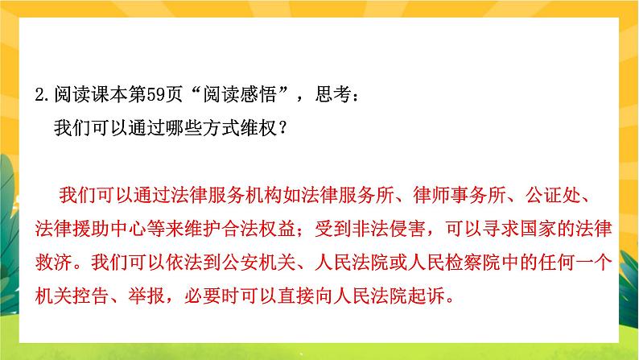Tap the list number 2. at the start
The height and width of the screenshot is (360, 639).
pos(42,94)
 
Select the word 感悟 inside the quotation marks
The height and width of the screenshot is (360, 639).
pos(259,94)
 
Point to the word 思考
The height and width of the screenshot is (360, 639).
pos(333,94)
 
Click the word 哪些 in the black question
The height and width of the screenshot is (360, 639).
pos(184,128)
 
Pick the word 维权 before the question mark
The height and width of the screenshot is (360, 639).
pos(259,128)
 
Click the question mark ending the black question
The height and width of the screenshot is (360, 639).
pos(283,128)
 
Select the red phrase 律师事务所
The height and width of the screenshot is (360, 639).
pos(460,195)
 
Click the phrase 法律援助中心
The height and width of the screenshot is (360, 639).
pos(91,228)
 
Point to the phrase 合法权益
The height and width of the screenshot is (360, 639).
pos(259,228)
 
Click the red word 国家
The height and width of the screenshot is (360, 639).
pos(538,228)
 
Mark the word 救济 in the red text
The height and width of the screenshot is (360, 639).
pos(54,262)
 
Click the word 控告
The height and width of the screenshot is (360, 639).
pos(91,296)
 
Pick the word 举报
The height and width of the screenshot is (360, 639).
pos(147,296)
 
